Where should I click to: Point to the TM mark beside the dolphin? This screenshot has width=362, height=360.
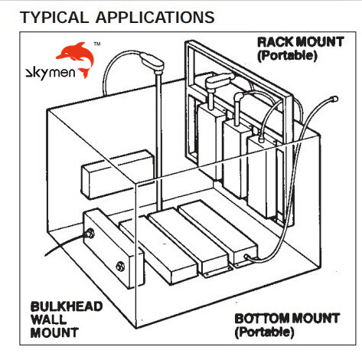point(96,44)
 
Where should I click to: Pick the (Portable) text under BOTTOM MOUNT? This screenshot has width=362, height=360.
point(264,332)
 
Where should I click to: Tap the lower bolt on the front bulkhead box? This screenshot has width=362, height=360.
point(119,267)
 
